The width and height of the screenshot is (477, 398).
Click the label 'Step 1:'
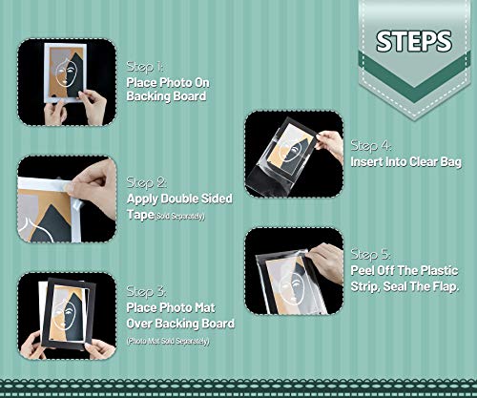(145, 67)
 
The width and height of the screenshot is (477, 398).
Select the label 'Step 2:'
(147, 181)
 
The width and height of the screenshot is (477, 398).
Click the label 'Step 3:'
(147, 290)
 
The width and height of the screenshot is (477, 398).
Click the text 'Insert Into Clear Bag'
(410, 162)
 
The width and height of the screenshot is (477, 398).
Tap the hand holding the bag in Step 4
(328, 143)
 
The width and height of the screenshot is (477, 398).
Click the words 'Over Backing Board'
(180, 324)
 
